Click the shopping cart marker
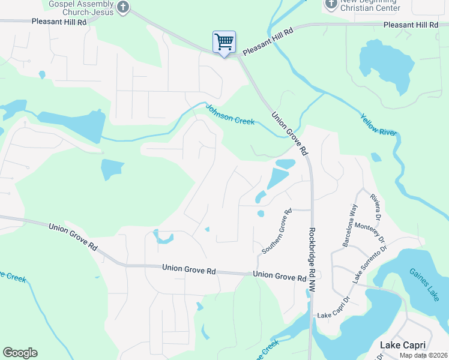[x=224, y=43]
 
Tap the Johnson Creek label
[x=231, y=115]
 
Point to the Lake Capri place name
[x=403, y=345]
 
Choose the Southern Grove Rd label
[x=276, y=230]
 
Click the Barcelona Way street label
[x=349, y=224]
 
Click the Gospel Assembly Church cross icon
[x=123, y=7]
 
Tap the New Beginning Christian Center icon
[x=331, y=5]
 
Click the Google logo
[x=20, y=353]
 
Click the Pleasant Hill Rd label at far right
[x=411, y=25]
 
